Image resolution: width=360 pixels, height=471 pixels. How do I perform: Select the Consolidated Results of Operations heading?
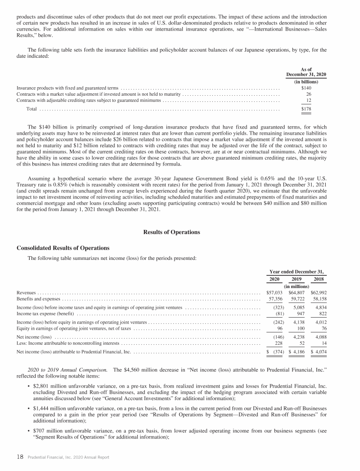coord(63,248)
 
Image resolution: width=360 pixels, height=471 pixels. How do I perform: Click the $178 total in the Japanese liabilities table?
coord(306,109)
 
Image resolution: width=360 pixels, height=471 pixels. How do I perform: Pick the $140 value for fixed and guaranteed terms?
coord(306,88)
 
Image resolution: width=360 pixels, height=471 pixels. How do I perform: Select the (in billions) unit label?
coord(306,81)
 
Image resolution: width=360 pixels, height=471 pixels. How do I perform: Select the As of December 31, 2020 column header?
coord(306,71)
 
